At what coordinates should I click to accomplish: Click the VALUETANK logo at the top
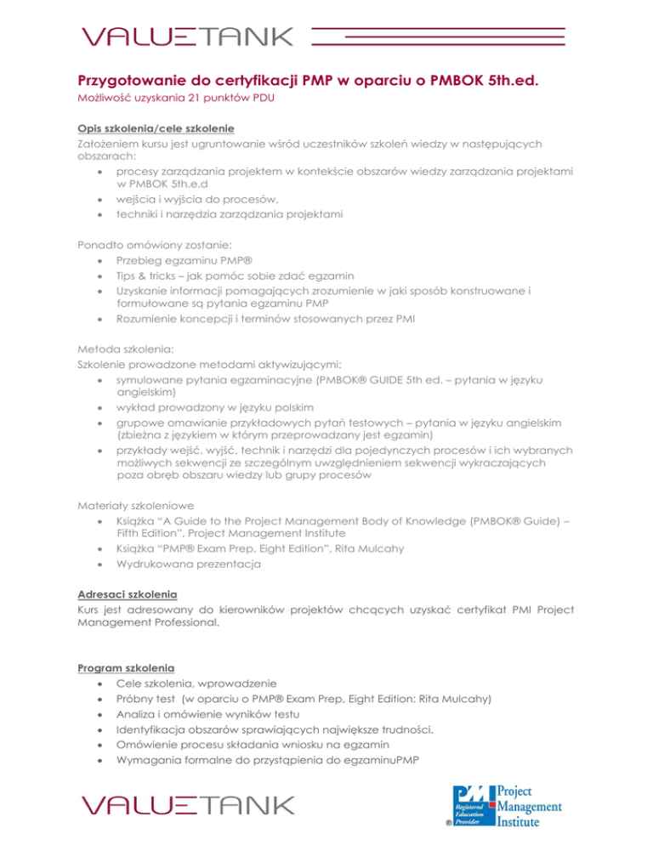187,36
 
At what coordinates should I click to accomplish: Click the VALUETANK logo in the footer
187,804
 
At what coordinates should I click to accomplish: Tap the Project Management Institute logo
507,804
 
